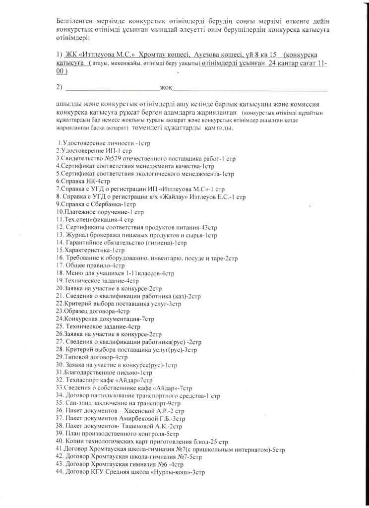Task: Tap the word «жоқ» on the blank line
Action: pos(166,88)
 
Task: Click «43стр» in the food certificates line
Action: pos(209,227)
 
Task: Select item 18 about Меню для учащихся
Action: pos(115,273)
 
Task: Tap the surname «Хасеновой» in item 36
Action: pos(150,411)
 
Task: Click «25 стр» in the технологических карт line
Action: pos(219,442)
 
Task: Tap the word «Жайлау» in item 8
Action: pos(171,197)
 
